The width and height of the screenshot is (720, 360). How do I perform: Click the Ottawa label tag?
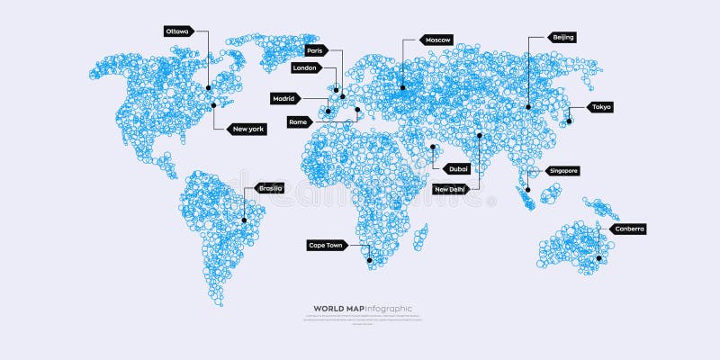pyautogui.click(x=178, y=31)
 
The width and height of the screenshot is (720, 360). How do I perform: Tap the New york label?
pyautogui.click(x=247, y=130)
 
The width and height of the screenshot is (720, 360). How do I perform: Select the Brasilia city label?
pyautogui.click(x=269, y=188)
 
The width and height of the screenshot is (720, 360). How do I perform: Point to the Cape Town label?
pyautogui.click(x=326, y=245)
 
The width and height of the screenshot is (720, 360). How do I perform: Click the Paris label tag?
pyautogui.click(x=315, y=50)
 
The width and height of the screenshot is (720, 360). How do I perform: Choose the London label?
pyautogui.click(x=304, y=67)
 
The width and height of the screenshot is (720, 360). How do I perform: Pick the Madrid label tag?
pyautogui.click(x=283, y=98)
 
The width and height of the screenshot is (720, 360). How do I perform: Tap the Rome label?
pyautogui.click(x=298, y=121)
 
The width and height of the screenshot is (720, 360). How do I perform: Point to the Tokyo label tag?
pyautogui.click(x=600, y=107)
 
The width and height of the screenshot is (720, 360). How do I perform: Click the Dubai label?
pyautogui.click(x=457, y=168)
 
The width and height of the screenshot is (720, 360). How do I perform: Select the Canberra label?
pyautogui.click(x=628, y=229)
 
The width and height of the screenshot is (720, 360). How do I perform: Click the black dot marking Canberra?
pyautogui.click(x=598, y=258)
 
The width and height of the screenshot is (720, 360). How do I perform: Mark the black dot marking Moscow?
pyautogui.click(x=402, y=87)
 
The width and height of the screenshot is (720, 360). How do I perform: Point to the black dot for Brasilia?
pyautogui.click(x=244, y=219)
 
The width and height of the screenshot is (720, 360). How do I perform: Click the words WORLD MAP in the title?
pyautogui.click(x=338, y=309)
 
